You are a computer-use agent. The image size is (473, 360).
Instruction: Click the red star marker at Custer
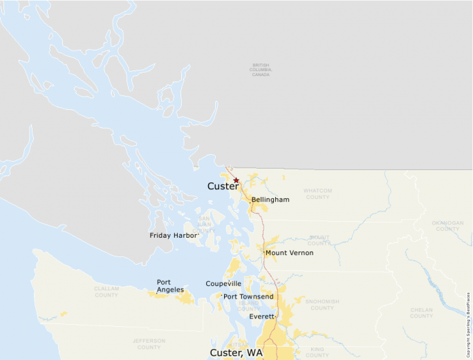(x=236, y=180)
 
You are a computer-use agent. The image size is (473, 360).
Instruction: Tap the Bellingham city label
(x=270, y=200)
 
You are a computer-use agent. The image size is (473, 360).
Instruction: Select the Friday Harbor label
(x=174, y=236)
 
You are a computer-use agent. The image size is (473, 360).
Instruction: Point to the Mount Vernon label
(x=289, y=253)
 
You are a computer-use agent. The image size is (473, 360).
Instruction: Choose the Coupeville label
(x=223, y=284)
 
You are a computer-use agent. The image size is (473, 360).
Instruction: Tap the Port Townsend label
(x=248, y=296)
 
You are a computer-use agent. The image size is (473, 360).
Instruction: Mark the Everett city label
(x=262, y=316)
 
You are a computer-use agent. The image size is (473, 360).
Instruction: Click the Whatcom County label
(x=317, y=194)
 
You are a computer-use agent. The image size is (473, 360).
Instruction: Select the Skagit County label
(x=319, y=240)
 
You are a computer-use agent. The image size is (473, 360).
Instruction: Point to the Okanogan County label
(x=447, y=226)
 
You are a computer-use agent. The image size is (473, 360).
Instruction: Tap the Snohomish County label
(x=322, y=305)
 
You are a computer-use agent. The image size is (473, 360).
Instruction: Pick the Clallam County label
(x=106, y=292)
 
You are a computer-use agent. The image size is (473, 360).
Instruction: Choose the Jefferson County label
(x=149, y=343)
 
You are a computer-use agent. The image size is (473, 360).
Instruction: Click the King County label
(x=317, y=352)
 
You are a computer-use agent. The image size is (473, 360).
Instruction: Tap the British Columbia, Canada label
(x=261, y=70)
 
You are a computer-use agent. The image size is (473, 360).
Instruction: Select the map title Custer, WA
(x=236, y=353)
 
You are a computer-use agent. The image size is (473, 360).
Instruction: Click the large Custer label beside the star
(x=223, y=187)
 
